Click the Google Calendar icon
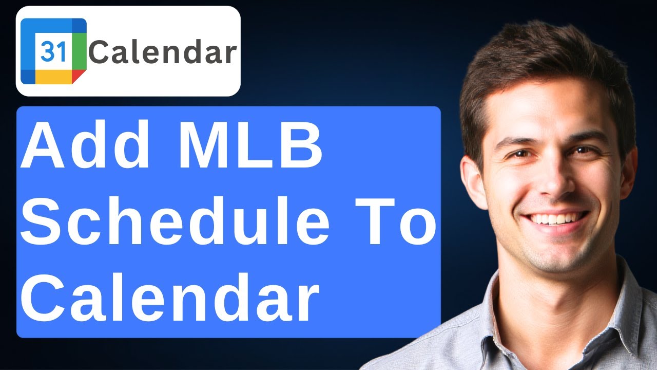click(x=53, y=51)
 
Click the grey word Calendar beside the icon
click(x=162, y=52)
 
